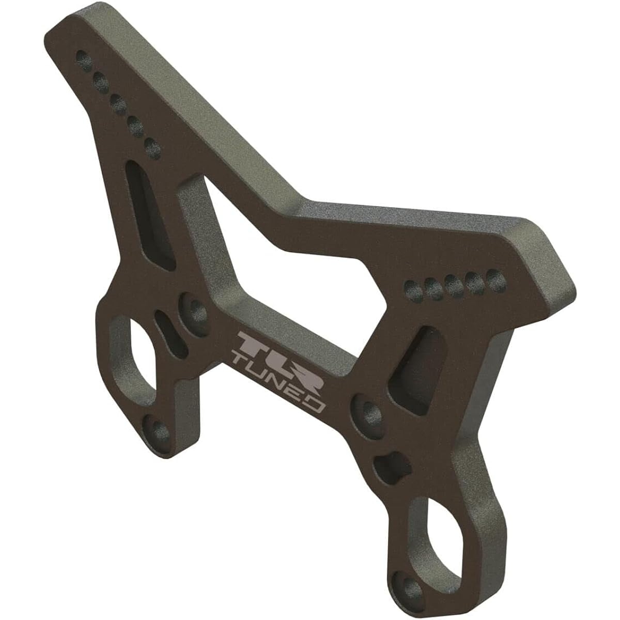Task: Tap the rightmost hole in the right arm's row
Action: (x=495, y=278)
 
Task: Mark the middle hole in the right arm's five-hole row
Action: (x=454, y=284)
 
